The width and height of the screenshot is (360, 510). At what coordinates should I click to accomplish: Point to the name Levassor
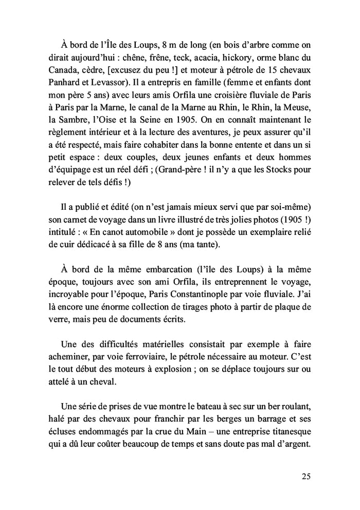(120, 82)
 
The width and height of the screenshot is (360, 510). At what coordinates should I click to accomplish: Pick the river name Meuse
(299, 122)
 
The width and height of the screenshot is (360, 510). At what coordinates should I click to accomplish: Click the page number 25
(306, 476)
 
